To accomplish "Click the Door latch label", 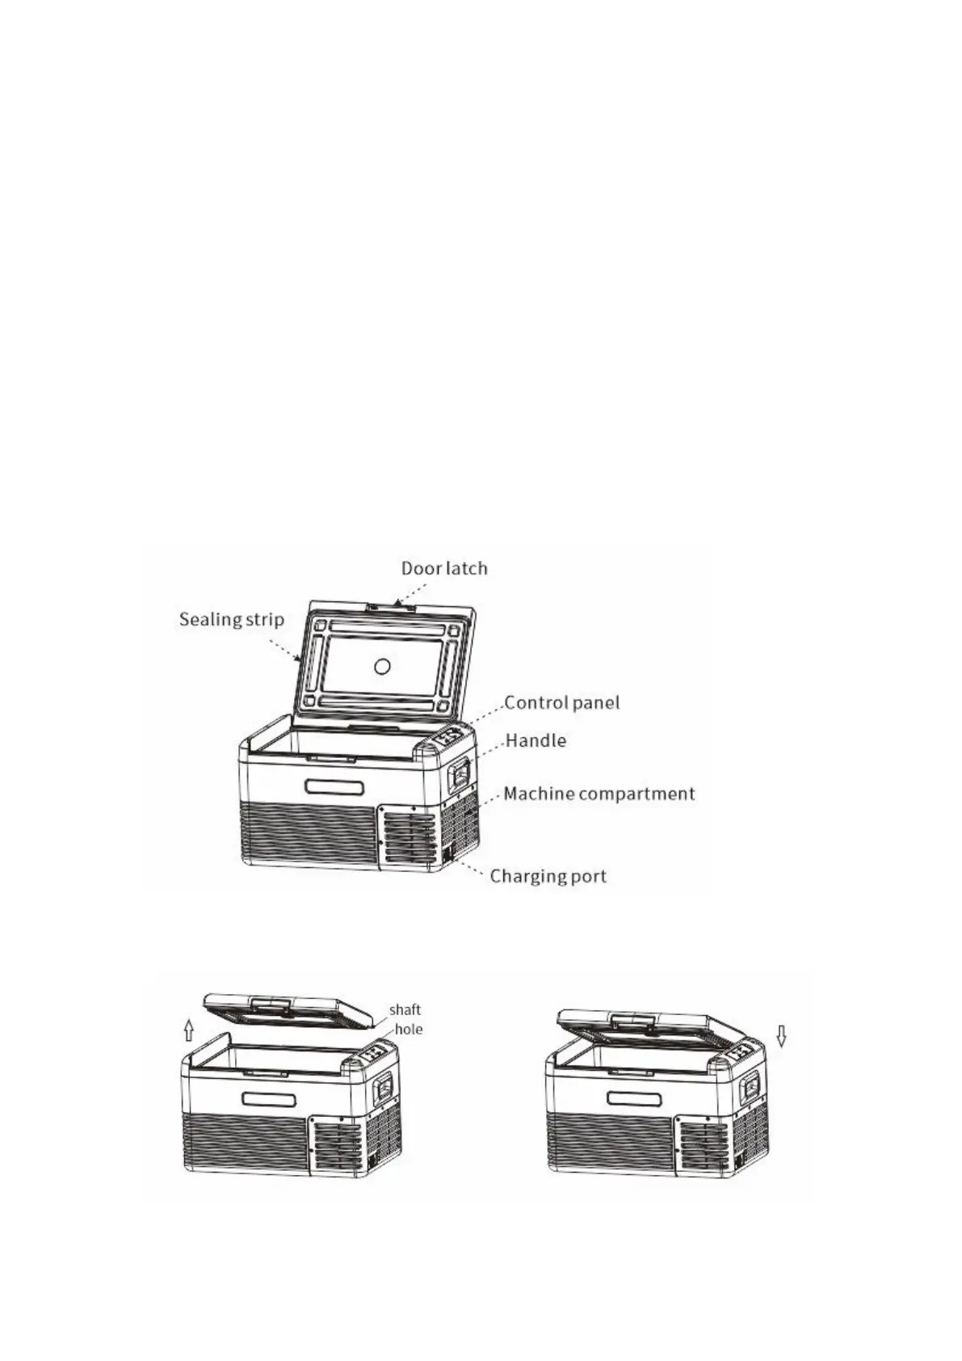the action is click(x=444, y=568).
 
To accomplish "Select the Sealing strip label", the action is click(x=231, y=620).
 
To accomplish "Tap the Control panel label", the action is click(x=562, y=702).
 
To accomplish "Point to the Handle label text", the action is click(x=536, y=740).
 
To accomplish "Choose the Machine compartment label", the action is click(x=599, y=794).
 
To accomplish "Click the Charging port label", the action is click(x=548, y=876).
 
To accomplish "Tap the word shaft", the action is click(x=405, y=1009).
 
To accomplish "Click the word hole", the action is click(x=408, y=1029).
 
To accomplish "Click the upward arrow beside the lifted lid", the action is click(x=188, y=1030).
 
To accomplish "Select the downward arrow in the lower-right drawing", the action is click(x=781, y=1035).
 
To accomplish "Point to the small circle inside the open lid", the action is click(x=383, y=666).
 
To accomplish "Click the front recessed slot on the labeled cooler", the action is click(x=334, y=787).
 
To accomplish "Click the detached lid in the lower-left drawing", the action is click(x=287, y=1009).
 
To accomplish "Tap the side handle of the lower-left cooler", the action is click(x=385, y=1088).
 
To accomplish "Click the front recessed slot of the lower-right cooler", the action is click(x=634, y=1099).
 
